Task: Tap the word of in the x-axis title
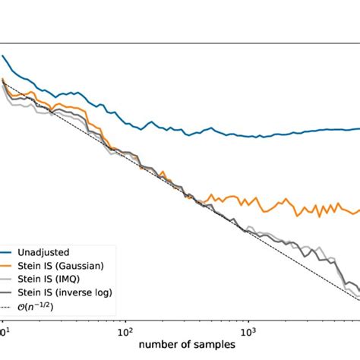[x=179, y=346]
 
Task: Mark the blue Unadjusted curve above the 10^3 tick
[x=248, y=137]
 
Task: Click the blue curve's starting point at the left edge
[x=3, y=55]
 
